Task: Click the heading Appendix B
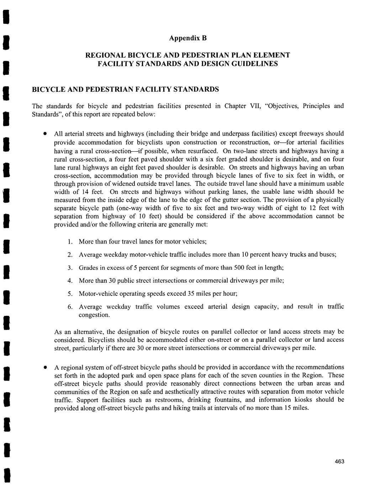pos(187,38)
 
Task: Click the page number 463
pos(339,461)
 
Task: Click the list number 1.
pos(70,242)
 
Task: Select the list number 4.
pos(70,281)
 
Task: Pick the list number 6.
pos(70,307)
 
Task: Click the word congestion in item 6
pos(94,315)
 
